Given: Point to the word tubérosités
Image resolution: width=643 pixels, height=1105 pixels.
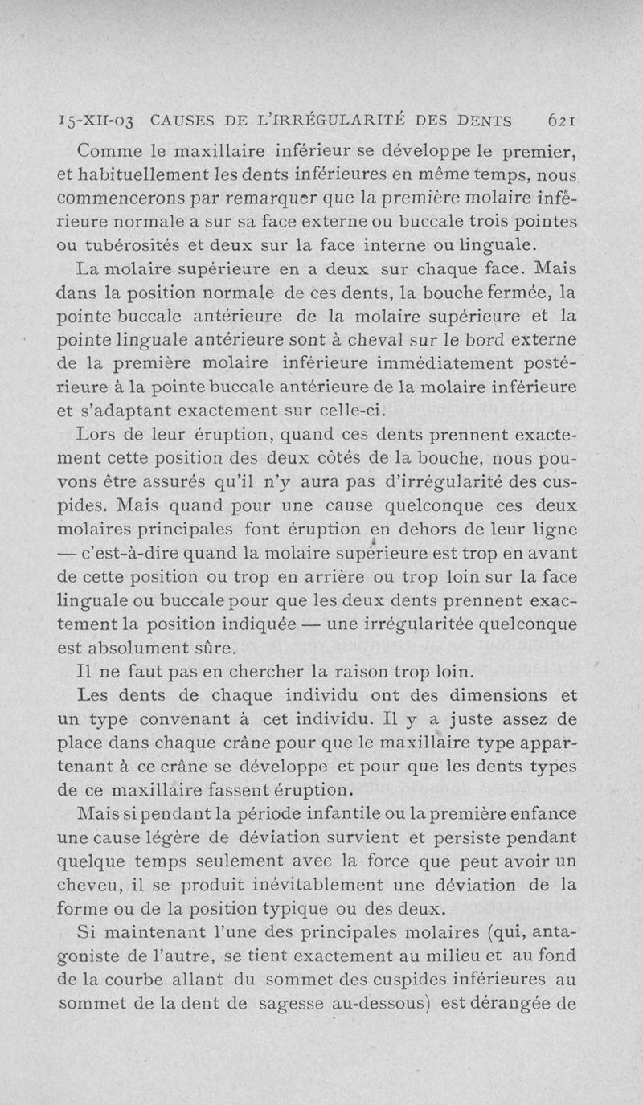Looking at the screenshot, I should [154, 244].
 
